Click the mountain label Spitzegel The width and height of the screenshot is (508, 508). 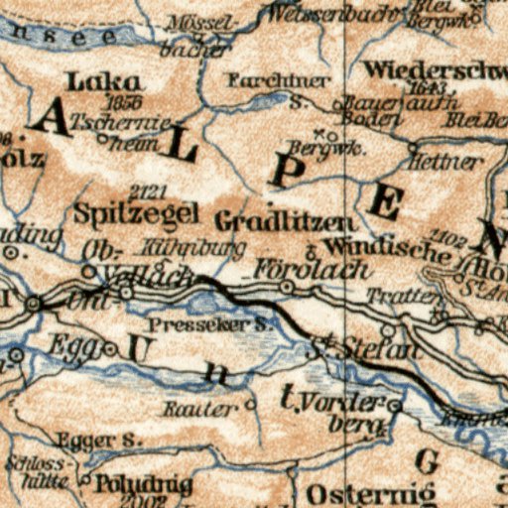click(x=136, y=212)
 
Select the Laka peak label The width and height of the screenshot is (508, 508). click(x=103, y=81)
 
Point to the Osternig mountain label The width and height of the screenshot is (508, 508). click(x=371, y=493)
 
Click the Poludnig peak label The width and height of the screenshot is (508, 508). click(x=133, y=482)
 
